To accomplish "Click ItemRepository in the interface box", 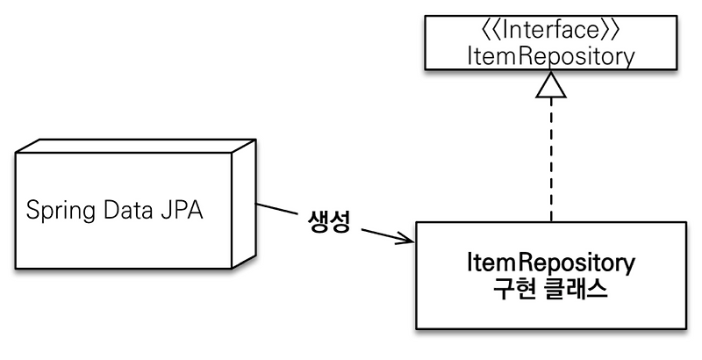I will pyautogui.click(x=551, y=56).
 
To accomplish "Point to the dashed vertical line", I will pyautogui.click(x=551, y=158).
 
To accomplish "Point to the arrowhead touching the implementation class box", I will pyautogui.click(x=406, y=239).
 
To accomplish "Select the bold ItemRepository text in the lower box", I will pyautogui.click(x=551, y=263).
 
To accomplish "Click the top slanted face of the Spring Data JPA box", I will pyautogui.click(x=132, y=148).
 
